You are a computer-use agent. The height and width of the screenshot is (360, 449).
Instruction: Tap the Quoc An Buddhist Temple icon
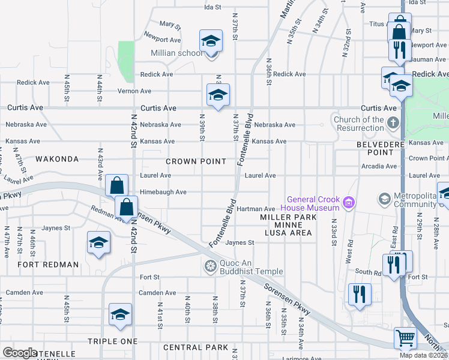[x=210, y=266]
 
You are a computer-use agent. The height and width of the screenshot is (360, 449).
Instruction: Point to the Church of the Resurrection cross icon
[x=393, y=124]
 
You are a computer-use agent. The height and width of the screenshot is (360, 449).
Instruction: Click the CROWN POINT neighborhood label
[x=196, y=161]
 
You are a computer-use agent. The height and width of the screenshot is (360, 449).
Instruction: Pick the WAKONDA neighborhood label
[x=56, y=159]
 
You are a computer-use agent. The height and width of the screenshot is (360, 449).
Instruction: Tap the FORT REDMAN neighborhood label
[x=48, y=265]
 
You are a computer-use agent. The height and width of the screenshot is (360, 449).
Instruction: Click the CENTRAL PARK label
[x=195, y=347]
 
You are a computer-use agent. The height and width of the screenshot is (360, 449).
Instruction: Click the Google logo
[x=20, y=353]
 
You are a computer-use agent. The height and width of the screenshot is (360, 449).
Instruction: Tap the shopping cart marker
[x=405, y=338]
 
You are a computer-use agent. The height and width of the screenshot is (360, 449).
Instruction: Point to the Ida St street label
[x=213, y=7]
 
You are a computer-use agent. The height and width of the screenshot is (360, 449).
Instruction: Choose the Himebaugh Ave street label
[x=163, y=192]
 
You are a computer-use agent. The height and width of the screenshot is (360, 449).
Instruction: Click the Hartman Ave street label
[x=255, y=208]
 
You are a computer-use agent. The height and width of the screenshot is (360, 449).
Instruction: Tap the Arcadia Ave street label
[x=379, y=166]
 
